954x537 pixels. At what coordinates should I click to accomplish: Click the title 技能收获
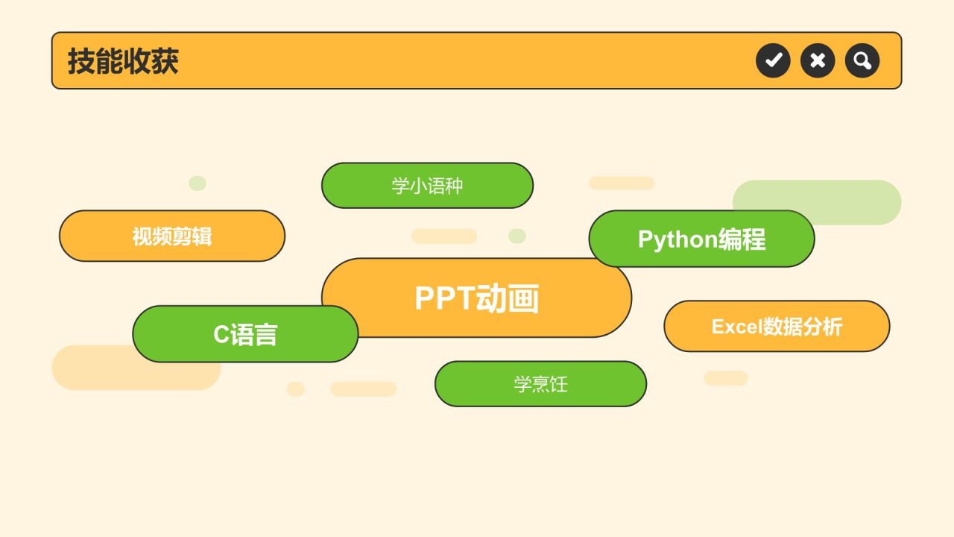click(x=123, y=61)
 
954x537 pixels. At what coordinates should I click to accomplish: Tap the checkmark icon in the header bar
click(x=773, y=60)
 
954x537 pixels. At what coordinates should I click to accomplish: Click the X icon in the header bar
click(x=818, y=60)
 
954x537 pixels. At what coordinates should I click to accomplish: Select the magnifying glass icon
click(x=862, y=60)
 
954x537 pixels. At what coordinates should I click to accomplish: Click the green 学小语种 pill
click(x=427, y=186)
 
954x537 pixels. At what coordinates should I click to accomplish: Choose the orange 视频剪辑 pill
click(x=172, y=236)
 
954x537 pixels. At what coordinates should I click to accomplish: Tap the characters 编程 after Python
click(x=742, y=239)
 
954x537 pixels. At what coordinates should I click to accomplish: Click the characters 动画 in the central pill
click(x=508, y=298)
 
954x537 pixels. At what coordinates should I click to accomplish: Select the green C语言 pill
click(x=245, y=333)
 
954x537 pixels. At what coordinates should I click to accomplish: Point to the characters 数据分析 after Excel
click(x=803, y=327)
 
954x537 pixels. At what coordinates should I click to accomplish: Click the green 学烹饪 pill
click(x=540, y=384)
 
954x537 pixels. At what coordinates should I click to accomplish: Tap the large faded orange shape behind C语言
click(x=136, y=368)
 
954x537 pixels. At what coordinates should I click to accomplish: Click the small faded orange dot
click(x=296, y=389)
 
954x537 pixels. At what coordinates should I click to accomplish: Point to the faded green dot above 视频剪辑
click(x=198, y=183)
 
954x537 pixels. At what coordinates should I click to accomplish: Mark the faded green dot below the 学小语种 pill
click(x=517, y=236)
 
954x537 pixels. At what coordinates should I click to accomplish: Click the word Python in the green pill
click(x=678, y=239)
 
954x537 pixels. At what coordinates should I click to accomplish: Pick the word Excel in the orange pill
click(x=737, y=327)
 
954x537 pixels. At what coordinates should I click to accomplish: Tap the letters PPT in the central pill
click(x=445, y=298)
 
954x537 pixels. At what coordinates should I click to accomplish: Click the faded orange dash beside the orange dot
click(x=364, y=389)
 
